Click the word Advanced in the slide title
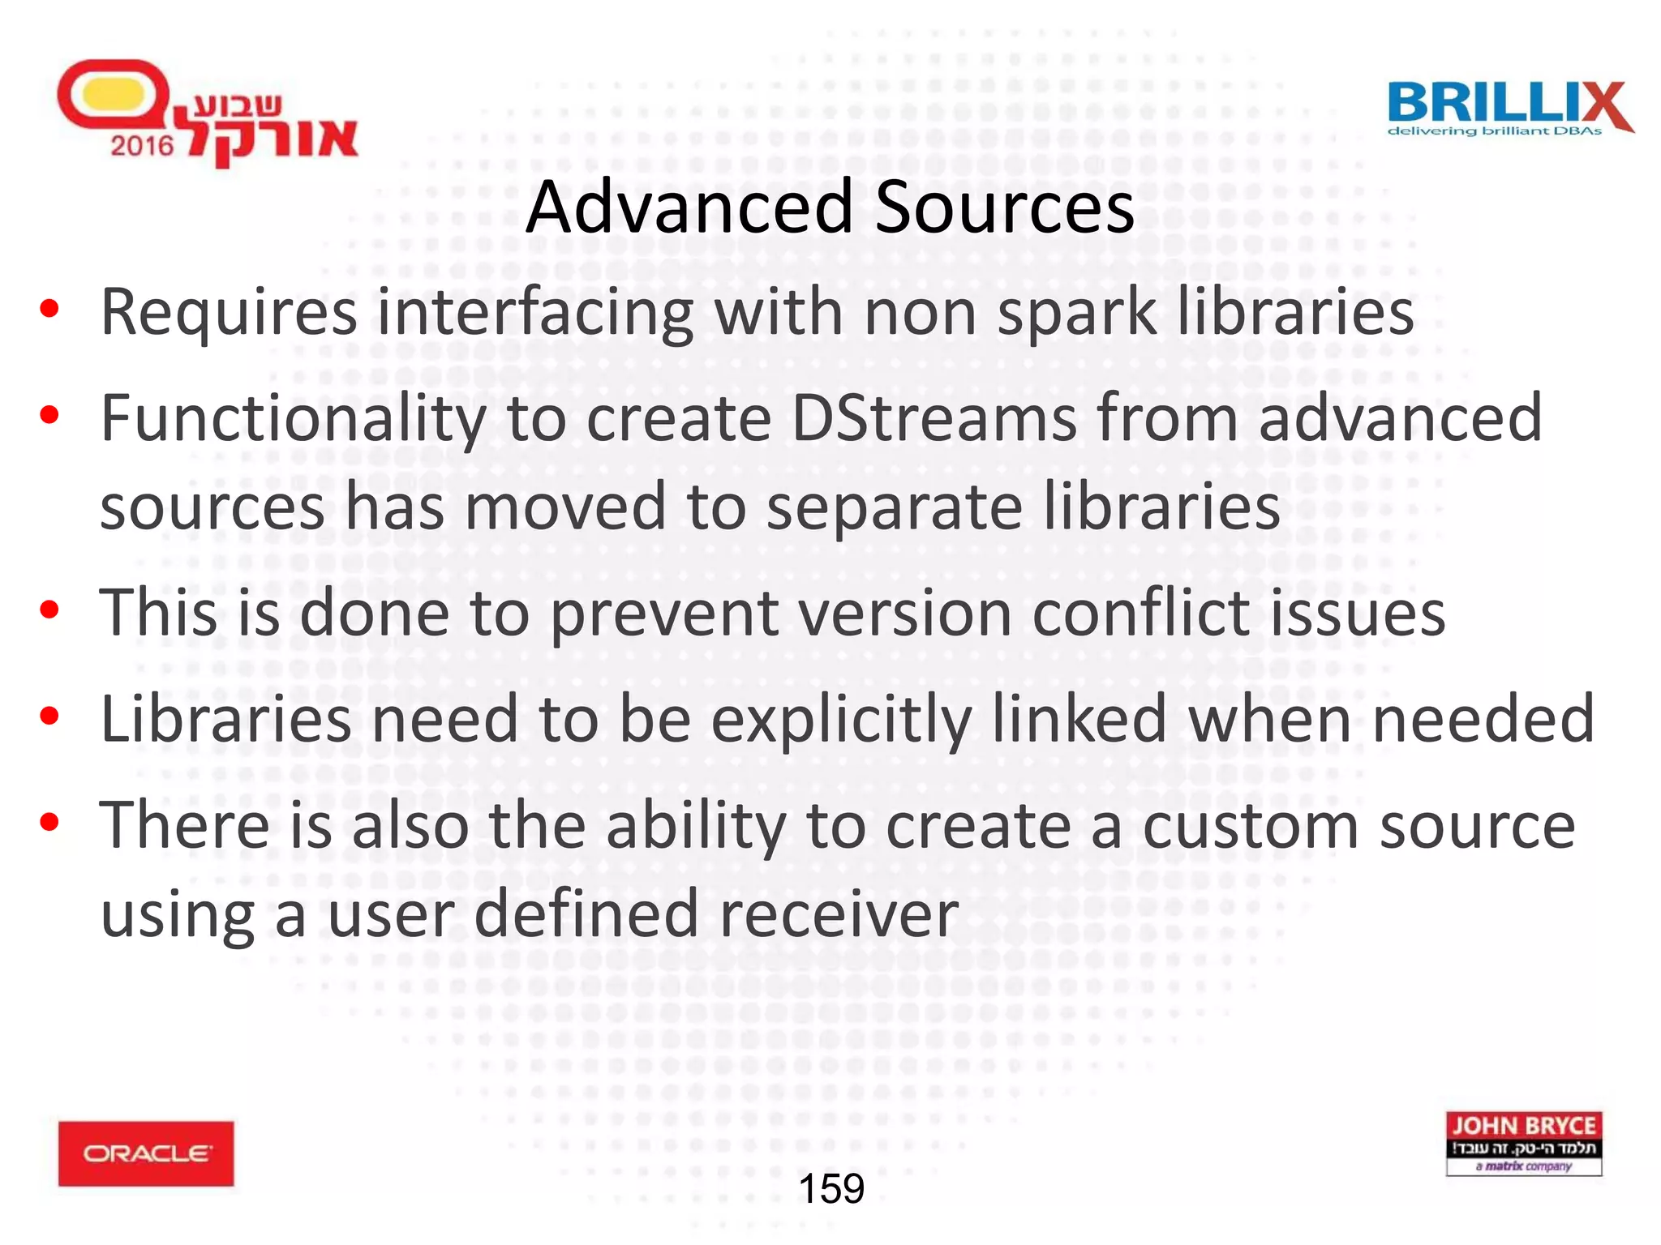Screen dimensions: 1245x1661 (689, 207)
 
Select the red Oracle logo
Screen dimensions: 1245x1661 (146, 1153)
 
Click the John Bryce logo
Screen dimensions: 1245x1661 (1523, 1143)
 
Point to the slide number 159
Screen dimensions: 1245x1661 (831, 1188)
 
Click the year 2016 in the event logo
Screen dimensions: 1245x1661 (142, 146)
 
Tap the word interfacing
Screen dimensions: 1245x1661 (535, 313)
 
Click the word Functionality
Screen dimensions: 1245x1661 (292, 418)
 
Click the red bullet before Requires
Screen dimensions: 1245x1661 (49, 309)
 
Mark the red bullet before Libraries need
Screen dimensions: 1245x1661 (49, 716)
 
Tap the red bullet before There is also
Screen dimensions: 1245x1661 (49, 822)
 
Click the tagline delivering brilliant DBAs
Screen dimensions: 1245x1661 (1494, 131)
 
